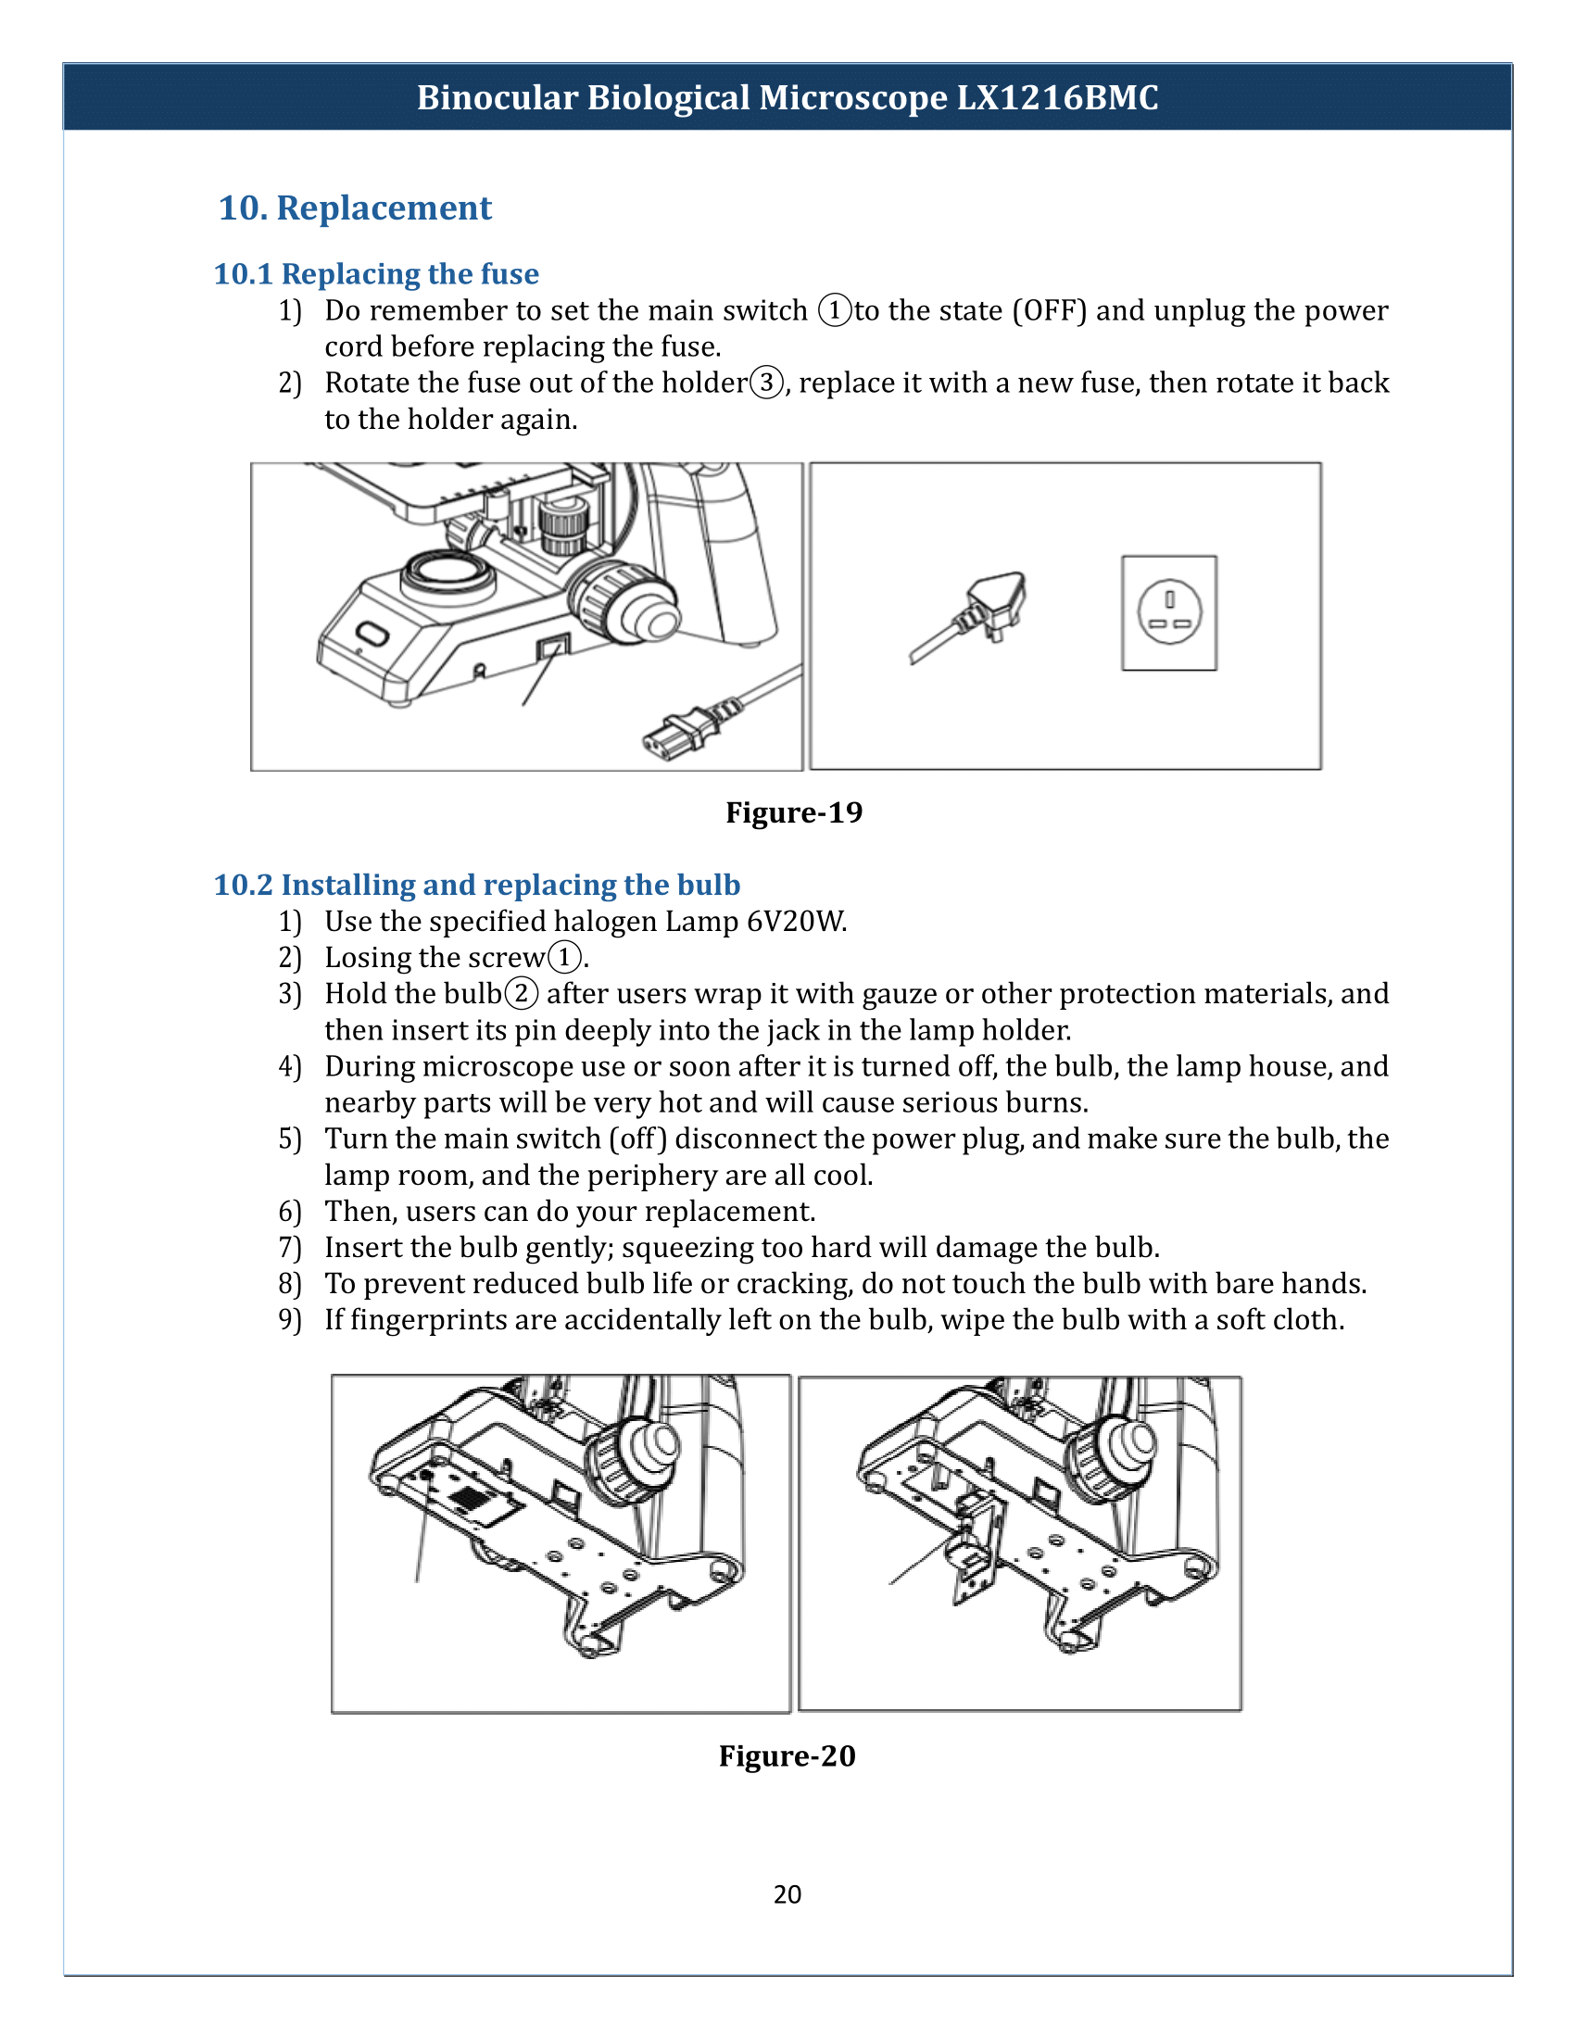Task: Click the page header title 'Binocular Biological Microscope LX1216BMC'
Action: click(787, 97)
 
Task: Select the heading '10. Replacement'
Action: click(355, 208)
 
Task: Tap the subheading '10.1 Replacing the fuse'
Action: click(376, 273)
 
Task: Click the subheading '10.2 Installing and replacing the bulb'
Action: click(477, 884)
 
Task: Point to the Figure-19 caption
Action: click(794, 811)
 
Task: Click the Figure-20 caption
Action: click(787, 1755)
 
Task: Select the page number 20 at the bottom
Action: click(787, 1893)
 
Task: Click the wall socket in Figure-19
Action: click(1169, 612)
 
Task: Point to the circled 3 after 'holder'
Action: click(767, 383)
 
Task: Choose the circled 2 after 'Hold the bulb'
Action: click(522, 993)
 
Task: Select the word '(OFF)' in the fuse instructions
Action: click(1050, 309)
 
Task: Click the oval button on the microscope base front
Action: click(372, 635)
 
